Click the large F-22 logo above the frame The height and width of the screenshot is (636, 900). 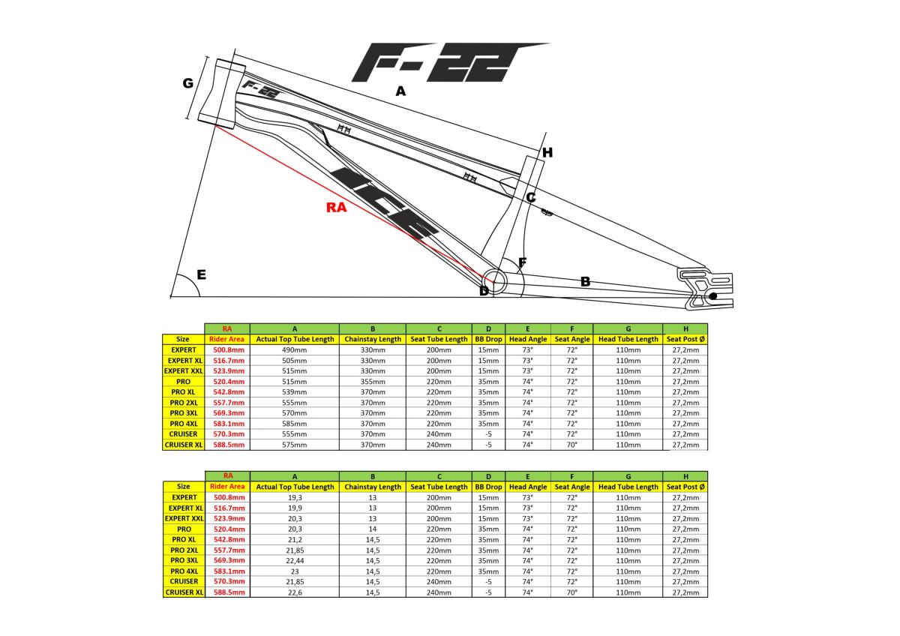[x=442, y=62]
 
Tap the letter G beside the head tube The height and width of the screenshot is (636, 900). [x=188, y=83]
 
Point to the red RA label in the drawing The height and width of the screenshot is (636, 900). [x=337, y=208]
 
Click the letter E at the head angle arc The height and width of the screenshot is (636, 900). [x=201, y=275]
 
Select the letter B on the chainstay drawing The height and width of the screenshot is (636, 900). [x=585, y=282]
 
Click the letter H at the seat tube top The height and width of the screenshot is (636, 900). [x=547, y=153]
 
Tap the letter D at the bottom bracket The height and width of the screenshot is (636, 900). [x=484, y=291]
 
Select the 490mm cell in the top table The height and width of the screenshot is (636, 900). [x=294, y=349]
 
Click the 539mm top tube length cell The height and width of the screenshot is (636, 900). [x=294, y=391]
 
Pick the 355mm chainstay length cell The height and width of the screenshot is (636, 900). [x=372, y=381]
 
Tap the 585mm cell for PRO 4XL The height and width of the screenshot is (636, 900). [x=294, y=423]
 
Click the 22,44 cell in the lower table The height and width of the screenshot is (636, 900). [x=294, y=560]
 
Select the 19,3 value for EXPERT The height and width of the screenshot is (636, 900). [x=294, y=497]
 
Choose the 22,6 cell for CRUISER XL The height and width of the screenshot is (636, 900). [x=294, y=592]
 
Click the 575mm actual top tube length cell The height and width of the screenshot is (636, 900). [x=294, y=444]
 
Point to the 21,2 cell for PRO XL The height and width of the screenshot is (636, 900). [x=294, y=539]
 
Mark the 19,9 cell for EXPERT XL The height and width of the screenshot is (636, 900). [x=294, y=508]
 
